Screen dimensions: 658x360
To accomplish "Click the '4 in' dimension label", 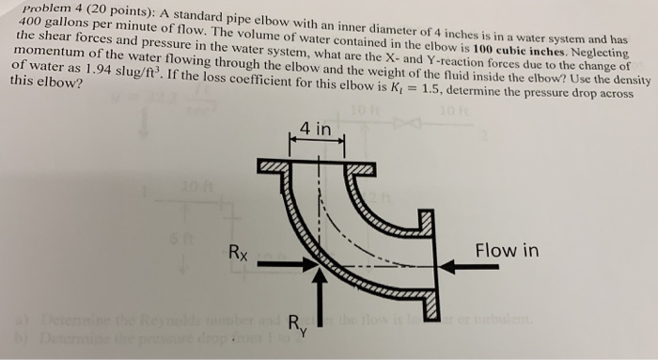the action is pos(316,128).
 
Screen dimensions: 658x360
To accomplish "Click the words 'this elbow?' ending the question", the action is pos(44,85).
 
